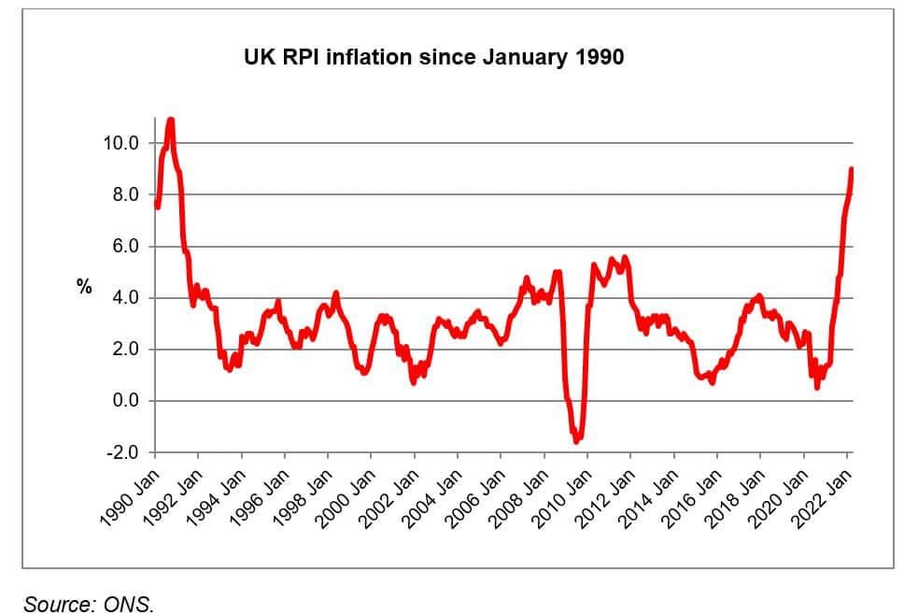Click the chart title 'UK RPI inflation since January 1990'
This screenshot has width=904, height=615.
click(x=432, y=58)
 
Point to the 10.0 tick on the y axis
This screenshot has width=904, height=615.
click(x=120, y=144)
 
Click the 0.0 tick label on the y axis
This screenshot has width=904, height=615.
click(x=124, y=401)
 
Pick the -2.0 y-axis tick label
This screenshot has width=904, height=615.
click(x=121, y=452)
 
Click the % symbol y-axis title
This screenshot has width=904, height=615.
click(x=85, y=288)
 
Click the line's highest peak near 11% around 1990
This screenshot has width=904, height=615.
click(x=171, y=120)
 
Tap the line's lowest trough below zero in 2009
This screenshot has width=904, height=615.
click(x=577, y=440)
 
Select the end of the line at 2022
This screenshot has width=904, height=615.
click(x=852, y=169)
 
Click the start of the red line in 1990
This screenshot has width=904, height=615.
click(x=157, y=206)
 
